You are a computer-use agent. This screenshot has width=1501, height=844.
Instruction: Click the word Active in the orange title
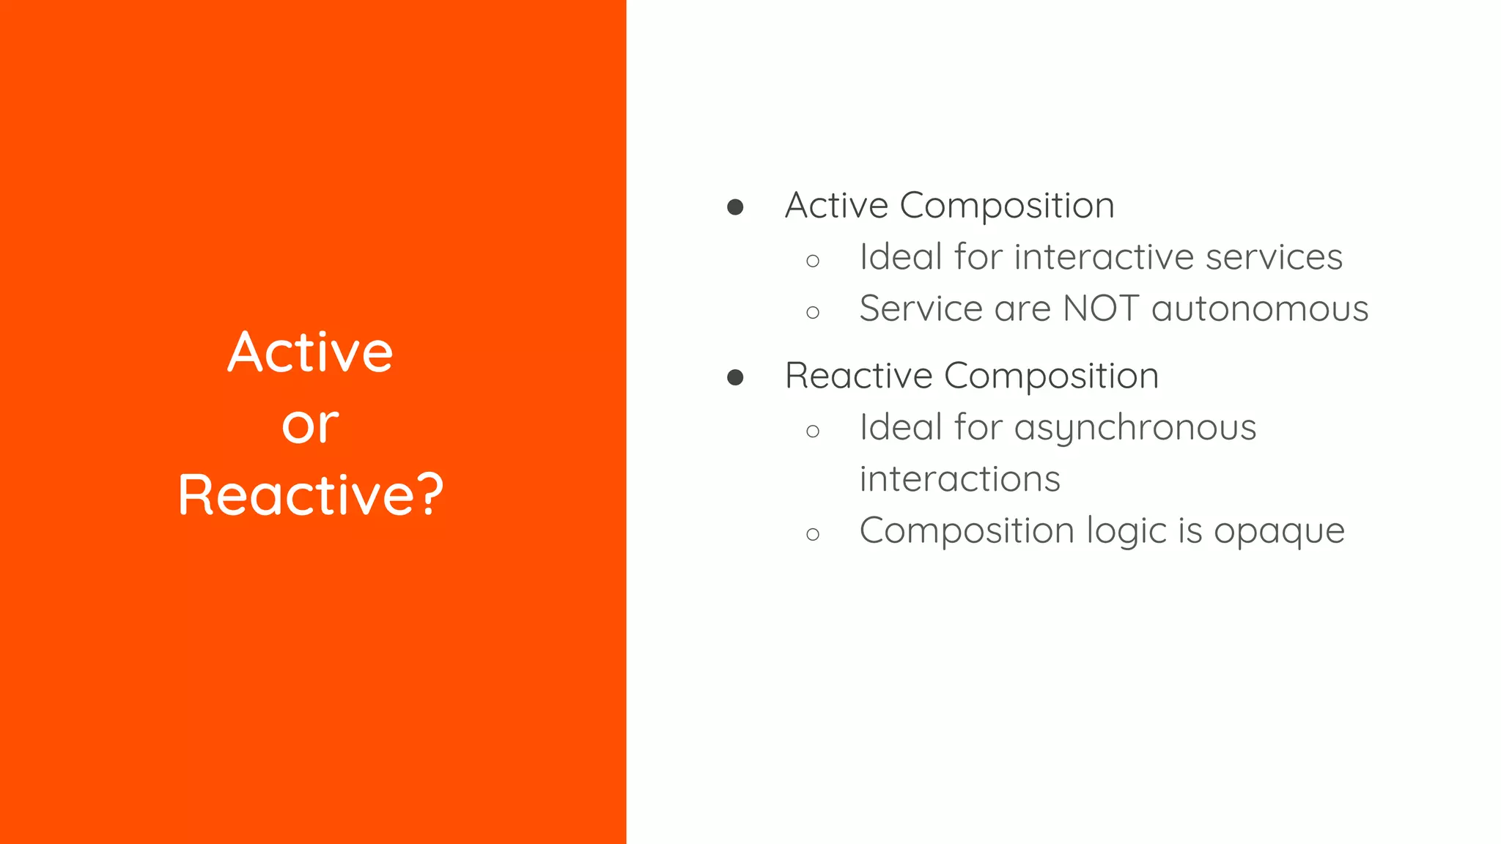click(x=310, y=352)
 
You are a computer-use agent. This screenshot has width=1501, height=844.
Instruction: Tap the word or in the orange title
click(x=310, y=426)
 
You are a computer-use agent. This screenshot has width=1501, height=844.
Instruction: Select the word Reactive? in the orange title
click(x=311, y=496)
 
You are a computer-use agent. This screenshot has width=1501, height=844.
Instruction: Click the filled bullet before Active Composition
click(x=735, y=207)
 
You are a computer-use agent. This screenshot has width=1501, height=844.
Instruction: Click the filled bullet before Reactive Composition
click(x=735, y=377)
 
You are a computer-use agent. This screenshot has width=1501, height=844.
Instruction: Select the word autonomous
click(x=1260, y=308)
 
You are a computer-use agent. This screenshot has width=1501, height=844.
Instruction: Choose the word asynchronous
click(x=1135, y=428)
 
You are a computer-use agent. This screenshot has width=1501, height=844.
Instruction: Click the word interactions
click(x=959, y=479)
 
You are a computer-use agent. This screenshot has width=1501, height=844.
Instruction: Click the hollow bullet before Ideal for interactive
click(x=812, y=261)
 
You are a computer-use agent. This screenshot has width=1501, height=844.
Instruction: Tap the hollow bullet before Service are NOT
click(x=812, y=313)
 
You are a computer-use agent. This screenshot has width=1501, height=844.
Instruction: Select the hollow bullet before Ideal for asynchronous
click(x=812, y=432)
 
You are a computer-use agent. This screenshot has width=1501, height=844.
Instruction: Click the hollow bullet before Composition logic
click(x=812, y=535)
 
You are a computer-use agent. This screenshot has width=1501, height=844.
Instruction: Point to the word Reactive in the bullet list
click(x=858, y=376)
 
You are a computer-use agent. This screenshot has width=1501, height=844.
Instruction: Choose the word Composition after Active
click(x=1006, y=206)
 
